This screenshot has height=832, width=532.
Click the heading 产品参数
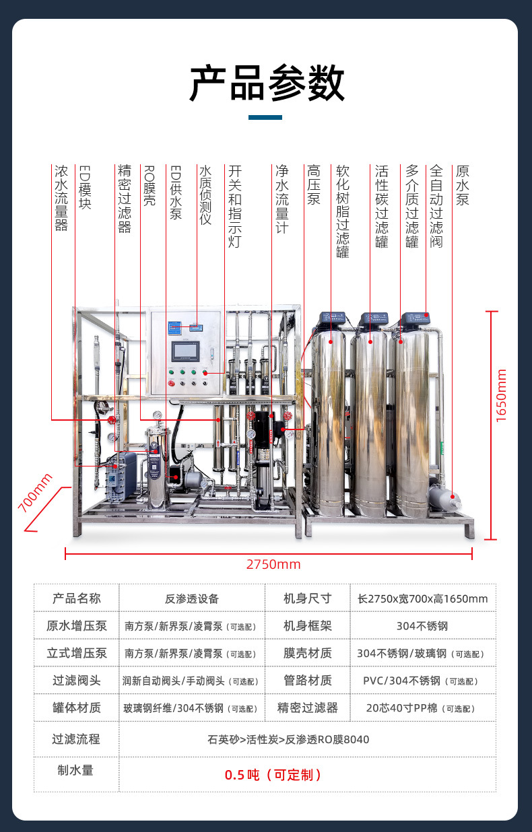pos(266,83)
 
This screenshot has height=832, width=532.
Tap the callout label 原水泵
pos(462,186)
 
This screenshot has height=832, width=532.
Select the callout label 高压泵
pos(313,186)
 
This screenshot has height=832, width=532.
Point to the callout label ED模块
pos(85,187)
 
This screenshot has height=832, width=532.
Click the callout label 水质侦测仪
pos(205,195)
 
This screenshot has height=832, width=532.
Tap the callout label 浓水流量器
pos(61,199)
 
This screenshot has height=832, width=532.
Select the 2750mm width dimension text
pos(273,564)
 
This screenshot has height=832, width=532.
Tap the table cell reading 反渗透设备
pos(191,598)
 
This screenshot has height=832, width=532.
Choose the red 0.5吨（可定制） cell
pos(273,775)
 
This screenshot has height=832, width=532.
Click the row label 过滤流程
pos(76,739)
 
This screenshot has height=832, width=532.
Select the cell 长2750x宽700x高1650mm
pos(423,598)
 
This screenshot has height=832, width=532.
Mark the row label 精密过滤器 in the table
pos(307,708)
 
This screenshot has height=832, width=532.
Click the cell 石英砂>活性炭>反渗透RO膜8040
pos(288,739)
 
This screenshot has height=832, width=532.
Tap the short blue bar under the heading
pos(265,117)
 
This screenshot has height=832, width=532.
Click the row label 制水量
pos(75,770)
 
